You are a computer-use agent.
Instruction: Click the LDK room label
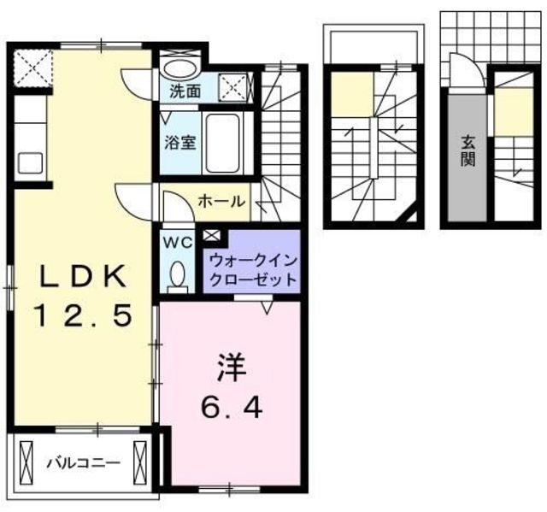tap(83, 276)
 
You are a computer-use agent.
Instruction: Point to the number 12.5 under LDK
tap(83, 316)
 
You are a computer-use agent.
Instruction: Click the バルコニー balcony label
tap(83, 463)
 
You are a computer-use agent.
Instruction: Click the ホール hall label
tap(222, 203)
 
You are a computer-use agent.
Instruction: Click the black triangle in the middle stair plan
tap(413, 215)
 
